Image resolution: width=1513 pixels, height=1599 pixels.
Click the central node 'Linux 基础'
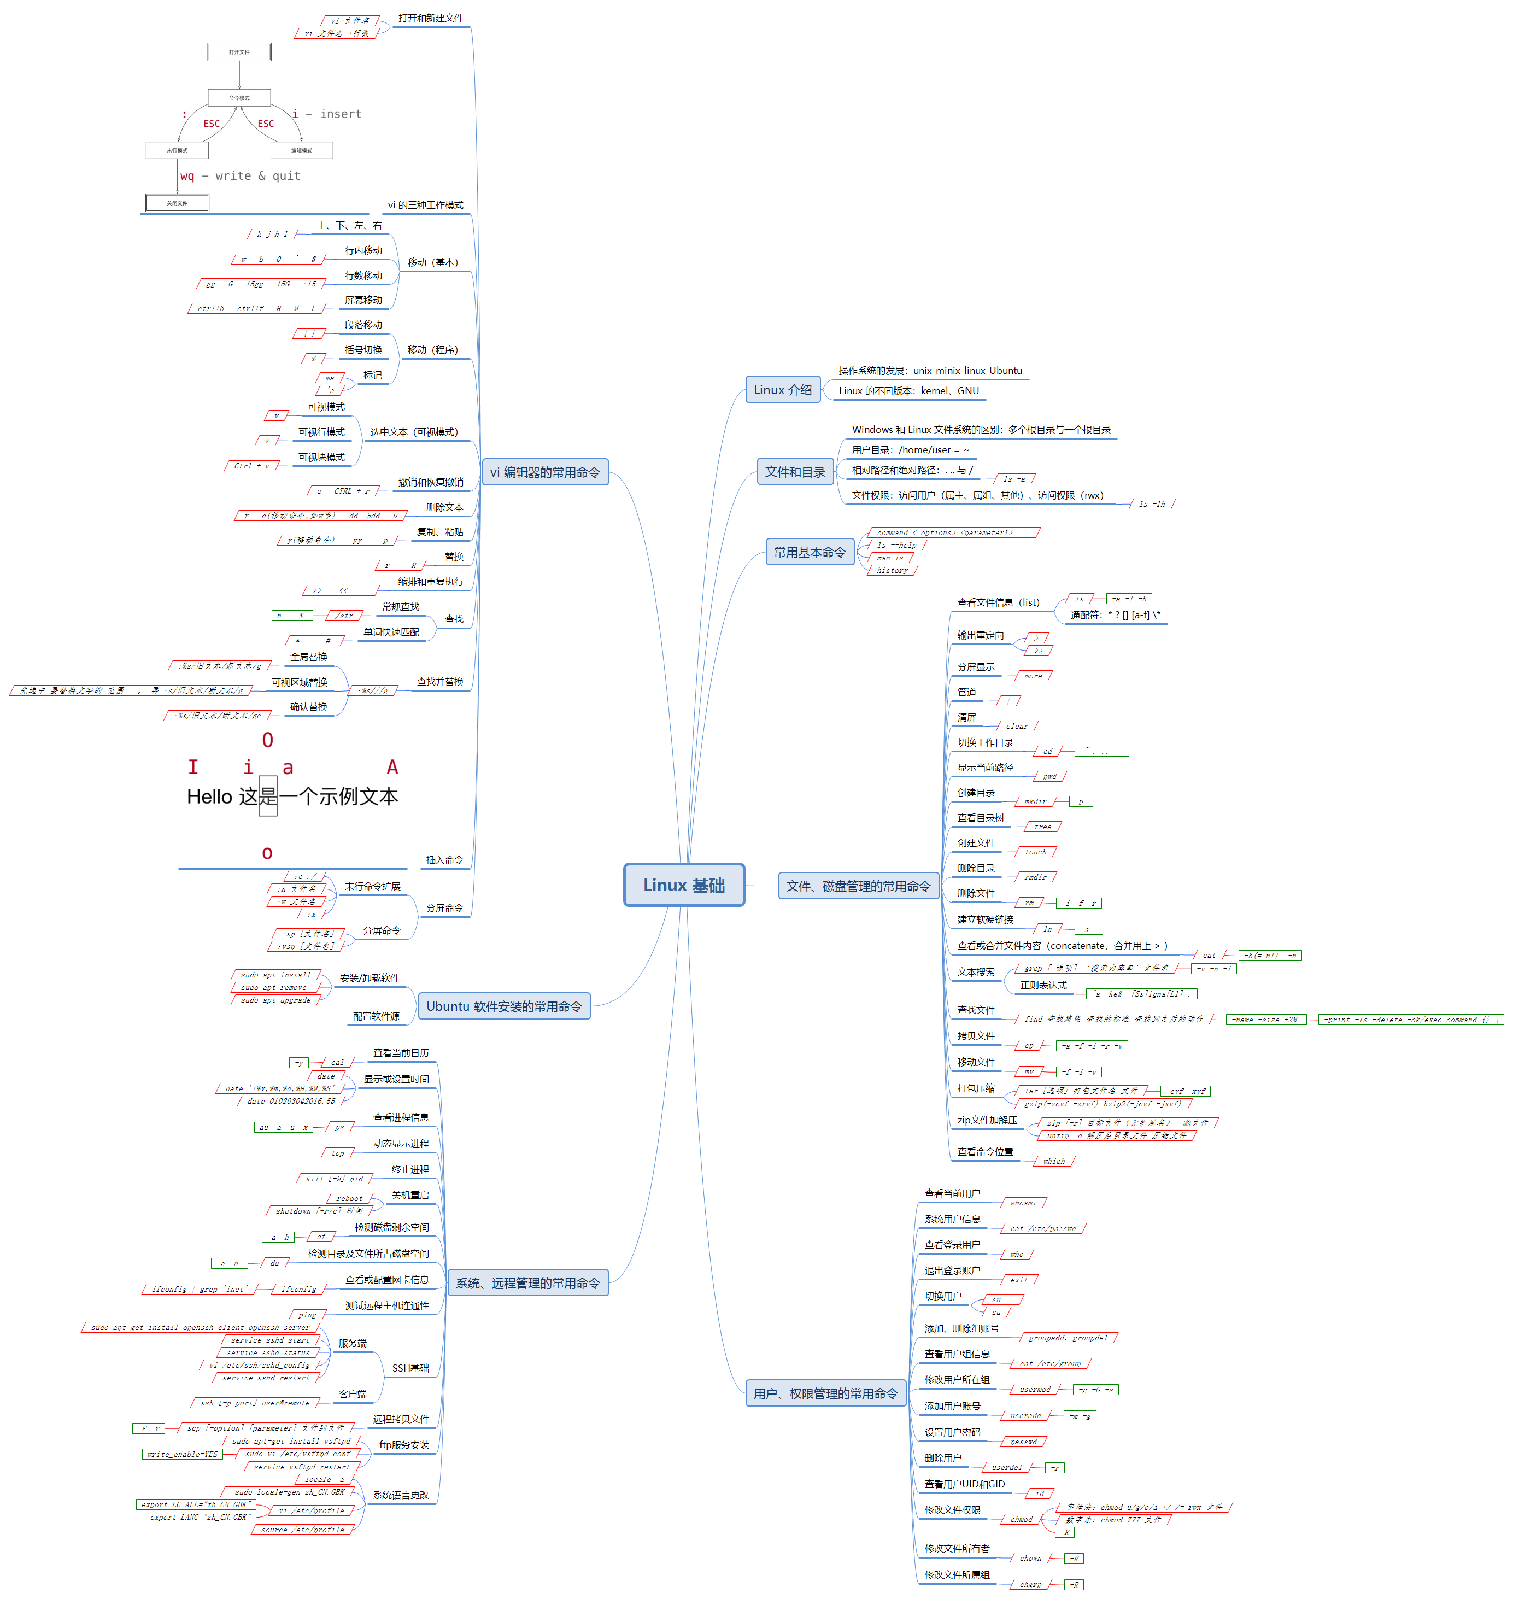(683, 885)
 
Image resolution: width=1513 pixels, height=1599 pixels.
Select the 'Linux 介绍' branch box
(782, 390)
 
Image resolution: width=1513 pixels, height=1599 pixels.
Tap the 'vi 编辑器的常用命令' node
(544, 472)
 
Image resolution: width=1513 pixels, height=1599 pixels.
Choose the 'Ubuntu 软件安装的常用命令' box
(503, 1006)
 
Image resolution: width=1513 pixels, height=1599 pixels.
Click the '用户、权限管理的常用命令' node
(825, 1393)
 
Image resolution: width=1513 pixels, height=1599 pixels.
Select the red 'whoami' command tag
(1023, 1203)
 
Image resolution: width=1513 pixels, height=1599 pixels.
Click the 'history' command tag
(892, 570)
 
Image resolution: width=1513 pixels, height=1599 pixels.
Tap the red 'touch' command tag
(1036, 852)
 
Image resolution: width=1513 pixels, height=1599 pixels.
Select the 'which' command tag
(1053, 1162)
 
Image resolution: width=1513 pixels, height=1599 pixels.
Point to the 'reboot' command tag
(349, 1199)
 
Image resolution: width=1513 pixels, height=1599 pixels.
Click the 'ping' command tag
(307, 1315)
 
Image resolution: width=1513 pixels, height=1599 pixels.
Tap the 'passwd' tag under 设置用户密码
(1023, 1442)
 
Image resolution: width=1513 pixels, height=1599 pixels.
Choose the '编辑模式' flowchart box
(302, 150)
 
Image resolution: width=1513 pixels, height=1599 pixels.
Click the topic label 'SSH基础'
(410, 1368)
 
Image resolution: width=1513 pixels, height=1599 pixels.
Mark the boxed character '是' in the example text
(268, 797)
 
